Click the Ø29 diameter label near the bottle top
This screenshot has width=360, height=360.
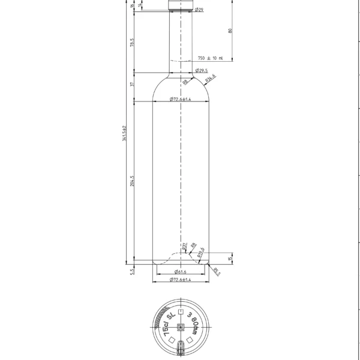[199, 10]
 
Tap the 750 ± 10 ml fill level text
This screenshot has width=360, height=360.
[210, 58]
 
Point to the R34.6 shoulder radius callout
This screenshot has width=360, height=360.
[210, 77]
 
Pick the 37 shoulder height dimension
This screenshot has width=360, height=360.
[131, 85]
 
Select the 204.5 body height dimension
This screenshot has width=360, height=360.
[131, 181]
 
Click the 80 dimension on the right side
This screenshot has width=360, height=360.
[230, 31]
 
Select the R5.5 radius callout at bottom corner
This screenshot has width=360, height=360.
[216, 271]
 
